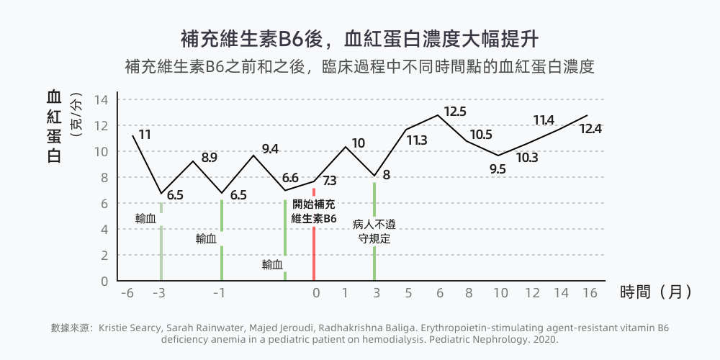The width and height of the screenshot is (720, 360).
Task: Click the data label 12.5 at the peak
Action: point(455,112)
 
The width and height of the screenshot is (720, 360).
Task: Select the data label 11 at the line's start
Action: point(145,135)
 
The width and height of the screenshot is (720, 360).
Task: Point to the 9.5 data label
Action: point(498,169)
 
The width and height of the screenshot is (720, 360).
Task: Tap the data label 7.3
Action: point(330,181)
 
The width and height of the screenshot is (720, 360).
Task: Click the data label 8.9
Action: point(210,158)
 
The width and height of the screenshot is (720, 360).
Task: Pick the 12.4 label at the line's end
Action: point(590,129)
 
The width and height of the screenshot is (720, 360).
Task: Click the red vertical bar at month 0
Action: point(314,252)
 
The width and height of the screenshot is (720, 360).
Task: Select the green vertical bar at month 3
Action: point(374,263)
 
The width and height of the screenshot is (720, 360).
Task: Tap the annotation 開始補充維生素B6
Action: point(314,211)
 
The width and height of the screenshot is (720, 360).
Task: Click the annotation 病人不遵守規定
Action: point(374,231)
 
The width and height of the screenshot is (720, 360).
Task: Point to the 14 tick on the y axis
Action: point(101,99)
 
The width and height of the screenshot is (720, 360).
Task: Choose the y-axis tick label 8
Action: point(104,177)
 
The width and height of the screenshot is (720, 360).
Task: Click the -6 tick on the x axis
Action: point(127,293)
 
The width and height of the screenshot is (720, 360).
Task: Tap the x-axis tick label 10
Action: point(500,293)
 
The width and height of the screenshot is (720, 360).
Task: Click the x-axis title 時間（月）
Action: point(656,292)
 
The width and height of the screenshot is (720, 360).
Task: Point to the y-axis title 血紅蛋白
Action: point(54,126)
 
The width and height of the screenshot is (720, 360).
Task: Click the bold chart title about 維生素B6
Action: point(359,37)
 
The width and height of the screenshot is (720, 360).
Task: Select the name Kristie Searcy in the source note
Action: point(125,328)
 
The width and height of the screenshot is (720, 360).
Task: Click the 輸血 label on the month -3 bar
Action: point(146,218)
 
